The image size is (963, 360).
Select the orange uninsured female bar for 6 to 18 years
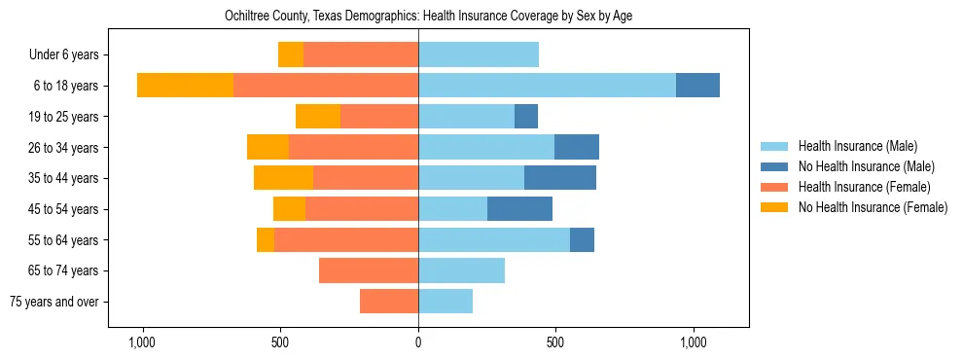tap(185, 86)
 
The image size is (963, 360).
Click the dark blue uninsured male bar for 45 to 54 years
tap(519, 209)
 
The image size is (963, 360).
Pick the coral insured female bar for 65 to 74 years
tap(369, 270)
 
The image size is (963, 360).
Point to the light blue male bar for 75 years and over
tap(446, 302)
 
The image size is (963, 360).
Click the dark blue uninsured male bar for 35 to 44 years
tap(560, 178)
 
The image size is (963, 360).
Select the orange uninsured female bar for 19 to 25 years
tap(318, 117)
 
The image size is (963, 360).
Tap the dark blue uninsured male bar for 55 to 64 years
tap(582, 240)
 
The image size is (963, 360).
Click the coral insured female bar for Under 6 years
tap(361, 54)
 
